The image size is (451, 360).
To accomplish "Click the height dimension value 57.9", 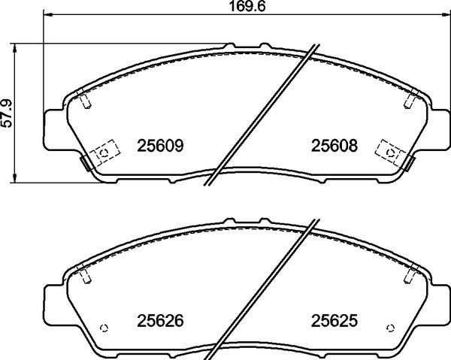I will click(x=8, y=112).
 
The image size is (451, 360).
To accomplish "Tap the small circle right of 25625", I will click(x=391, y=326).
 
